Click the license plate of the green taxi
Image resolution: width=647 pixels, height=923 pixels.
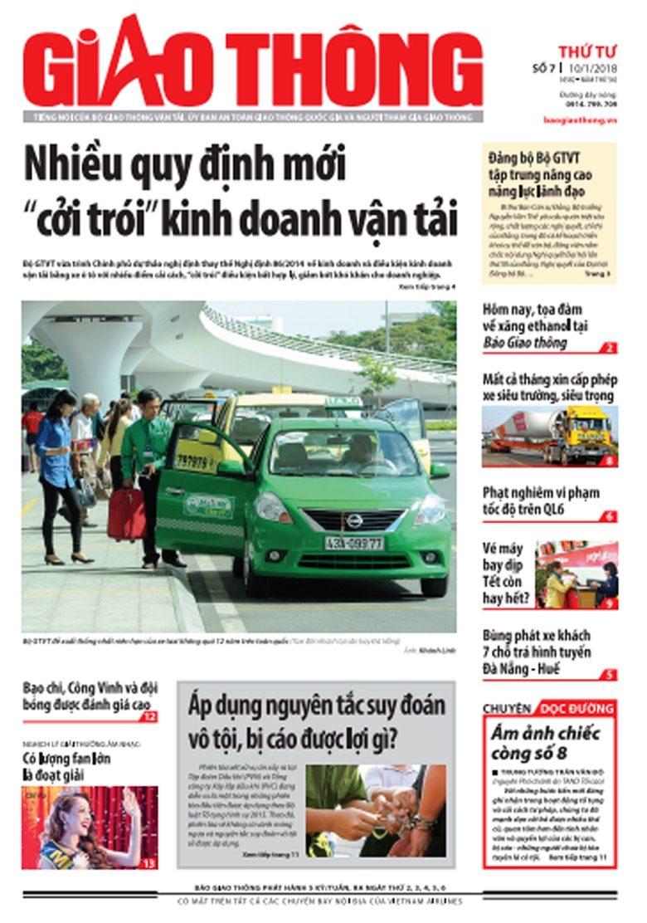tap(353, 543)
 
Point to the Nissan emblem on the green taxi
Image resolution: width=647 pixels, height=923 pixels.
tap(354, 520)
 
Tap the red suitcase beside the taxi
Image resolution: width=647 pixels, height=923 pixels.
tap(127, 514)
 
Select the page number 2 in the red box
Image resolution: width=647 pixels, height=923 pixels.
tap(610, 349)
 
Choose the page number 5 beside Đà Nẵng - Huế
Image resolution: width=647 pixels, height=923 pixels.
tap(610, 674)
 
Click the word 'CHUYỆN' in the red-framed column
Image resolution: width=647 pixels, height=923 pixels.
tap(506, 709)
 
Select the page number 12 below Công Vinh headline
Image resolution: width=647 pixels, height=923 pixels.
tap(148, 716)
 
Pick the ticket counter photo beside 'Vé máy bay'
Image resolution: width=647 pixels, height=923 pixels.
tap(576, 574)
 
